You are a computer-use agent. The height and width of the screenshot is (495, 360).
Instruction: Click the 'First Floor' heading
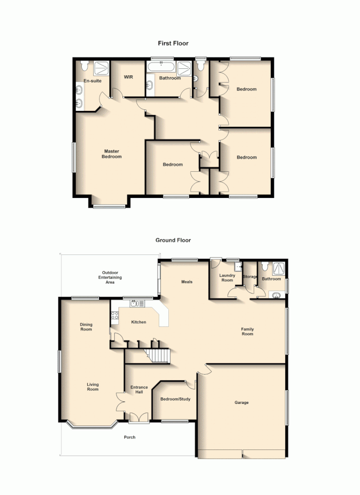pos(173,44)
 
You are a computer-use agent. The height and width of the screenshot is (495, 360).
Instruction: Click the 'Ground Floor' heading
pos(173,240)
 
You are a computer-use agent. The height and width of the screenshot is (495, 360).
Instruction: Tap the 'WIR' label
pos(129,77)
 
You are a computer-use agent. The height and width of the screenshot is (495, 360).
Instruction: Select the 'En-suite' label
pos(92,80)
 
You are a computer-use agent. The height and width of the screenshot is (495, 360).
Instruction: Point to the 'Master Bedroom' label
pos(111,154)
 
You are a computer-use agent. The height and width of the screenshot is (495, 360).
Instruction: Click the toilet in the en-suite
pos(85,65)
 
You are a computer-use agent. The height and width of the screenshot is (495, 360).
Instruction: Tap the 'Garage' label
pos(242,402)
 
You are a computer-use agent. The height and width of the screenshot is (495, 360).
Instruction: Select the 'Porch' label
pos(129,437)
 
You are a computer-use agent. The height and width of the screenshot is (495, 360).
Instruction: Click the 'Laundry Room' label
pos(227,278)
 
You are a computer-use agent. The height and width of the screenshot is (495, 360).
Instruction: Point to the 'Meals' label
pos(187,282)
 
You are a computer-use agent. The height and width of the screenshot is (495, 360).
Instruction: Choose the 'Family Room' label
pos(247,331)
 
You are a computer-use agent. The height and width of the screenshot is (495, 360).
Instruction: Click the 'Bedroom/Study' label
pos(175,399)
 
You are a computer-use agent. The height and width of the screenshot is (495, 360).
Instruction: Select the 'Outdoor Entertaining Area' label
pos(110,277)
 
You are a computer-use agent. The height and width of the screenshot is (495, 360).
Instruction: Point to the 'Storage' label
pos(250,277)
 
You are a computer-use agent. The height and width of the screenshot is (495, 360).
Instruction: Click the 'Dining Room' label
pos(86,327)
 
